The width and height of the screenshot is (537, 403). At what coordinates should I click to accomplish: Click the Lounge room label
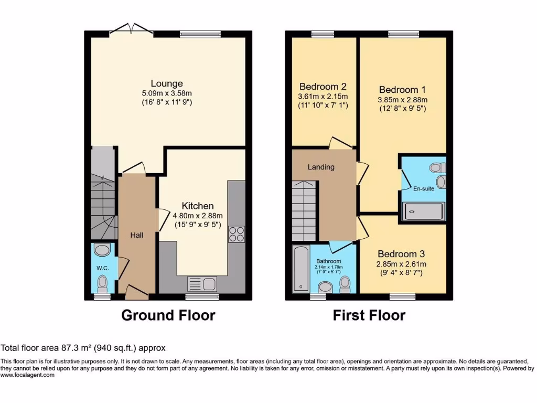[167, 83]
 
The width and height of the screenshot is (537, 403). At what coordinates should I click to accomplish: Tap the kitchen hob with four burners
[236, 234]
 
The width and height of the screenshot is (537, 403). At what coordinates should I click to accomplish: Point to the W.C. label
[102, 268]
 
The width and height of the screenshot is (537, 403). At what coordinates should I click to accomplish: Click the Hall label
[137, 235]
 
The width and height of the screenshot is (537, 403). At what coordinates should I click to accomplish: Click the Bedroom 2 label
[323, 87]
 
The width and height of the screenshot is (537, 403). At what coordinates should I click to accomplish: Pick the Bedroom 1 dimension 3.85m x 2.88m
[403, 100]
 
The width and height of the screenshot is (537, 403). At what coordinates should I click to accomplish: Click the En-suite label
[423, 189]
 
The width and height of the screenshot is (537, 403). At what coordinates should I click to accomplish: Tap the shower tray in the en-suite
[423, 211]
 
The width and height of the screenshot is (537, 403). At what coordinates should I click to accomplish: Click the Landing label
[321, 167]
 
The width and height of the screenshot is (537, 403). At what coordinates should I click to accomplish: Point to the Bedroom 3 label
[402, 254]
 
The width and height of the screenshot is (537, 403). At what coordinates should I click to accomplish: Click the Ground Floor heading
[168, 315]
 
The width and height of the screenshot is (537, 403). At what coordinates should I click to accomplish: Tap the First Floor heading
[369, 315]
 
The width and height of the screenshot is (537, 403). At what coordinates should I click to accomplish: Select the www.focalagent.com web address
[27, 375]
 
